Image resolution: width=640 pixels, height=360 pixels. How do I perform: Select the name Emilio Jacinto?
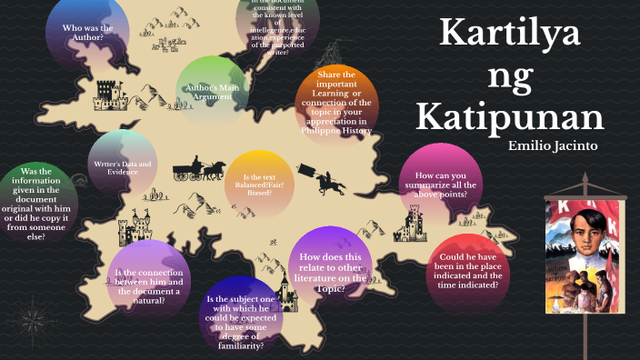pyautogui.click(x=554, y=145)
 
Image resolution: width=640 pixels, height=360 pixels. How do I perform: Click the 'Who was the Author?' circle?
pyautogui.click(x=86, y=34)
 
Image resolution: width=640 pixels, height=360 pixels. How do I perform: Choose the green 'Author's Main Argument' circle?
pyautogui.click(x=212, y=90)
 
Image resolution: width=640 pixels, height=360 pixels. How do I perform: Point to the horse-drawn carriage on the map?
pyautogui.click(x=199, y=169)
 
